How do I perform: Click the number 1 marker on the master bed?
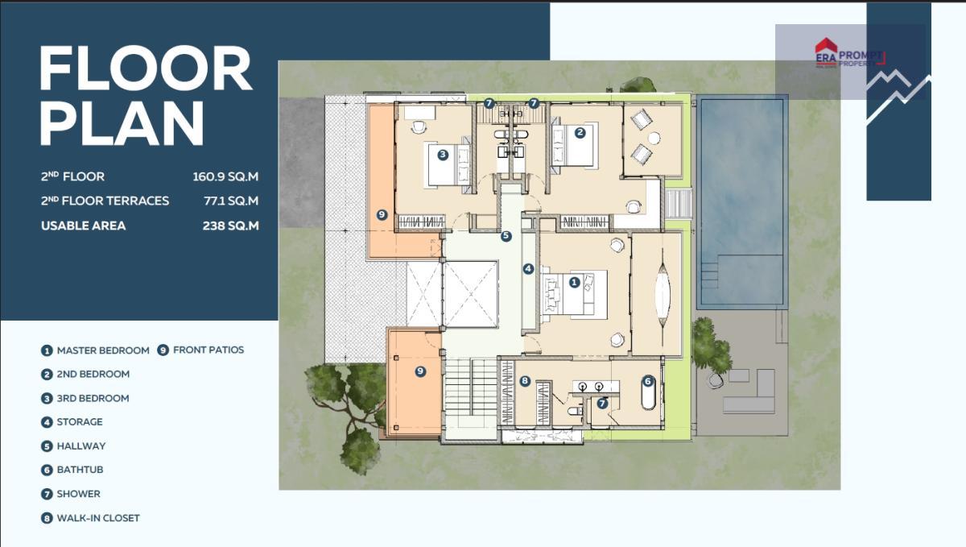(574, 282)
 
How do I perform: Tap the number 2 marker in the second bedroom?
(580, 133)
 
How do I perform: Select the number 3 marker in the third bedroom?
(443, 155)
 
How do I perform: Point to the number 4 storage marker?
(528, 269)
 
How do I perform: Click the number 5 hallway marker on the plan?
(506, 236)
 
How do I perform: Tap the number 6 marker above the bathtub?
(647, 381)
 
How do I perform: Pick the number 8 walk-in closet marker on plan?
(524, 381)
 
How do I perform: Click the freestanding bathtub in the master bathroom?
(648, 394)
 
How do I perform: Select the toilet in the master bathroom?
(575, 410)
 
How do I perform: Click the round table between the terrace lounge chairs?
(654, 138)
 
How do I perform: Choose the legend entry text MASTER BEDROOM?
(103, 350)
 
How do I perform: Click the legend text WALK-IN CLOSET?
(98, 518)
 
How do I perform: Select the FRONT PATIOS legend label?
(208, 350)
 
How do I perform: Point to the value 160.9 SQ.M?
(225, 176)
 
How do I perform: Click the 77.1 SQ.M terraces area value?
(231, 201)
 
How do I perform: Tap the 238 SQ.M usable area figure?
(231, 226)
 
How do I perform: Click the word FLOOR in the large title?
(146, 68)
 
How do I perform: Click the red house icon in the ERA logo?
(826, 45)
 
